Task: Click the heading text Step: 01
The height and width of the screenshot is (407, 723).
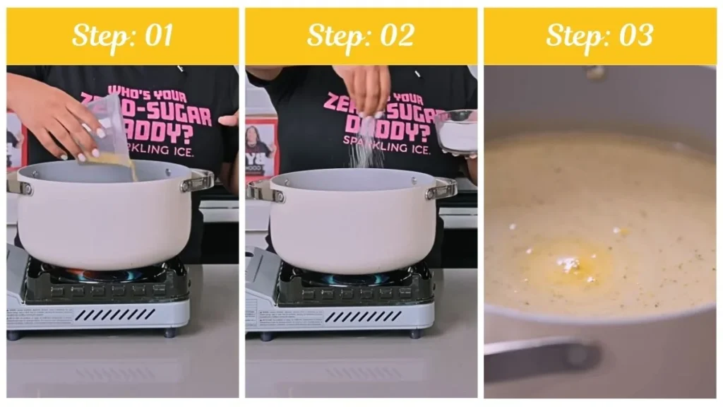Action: coord(122,36)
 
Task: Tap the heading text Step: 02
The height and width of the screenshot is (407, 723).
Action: coord(360,36)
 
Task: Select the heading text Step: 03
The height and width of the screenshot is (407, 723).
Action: coord(599,36)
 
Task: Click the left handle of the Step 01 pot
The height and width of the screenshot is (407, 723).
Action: coord(19,185)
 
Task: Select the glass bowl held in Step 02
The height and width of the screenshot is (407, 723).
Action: coord(455,131)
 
